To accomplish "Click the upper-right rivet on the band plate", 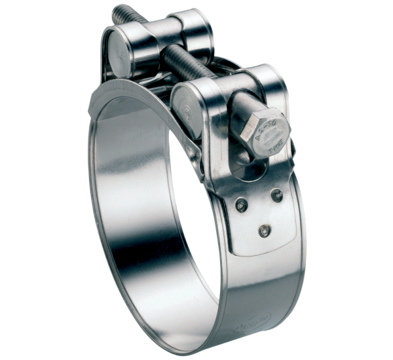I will pyautogui.click(x=276, y=194).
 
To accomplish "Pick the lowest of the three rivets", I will pyautogui.click(x=263, y=230).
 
